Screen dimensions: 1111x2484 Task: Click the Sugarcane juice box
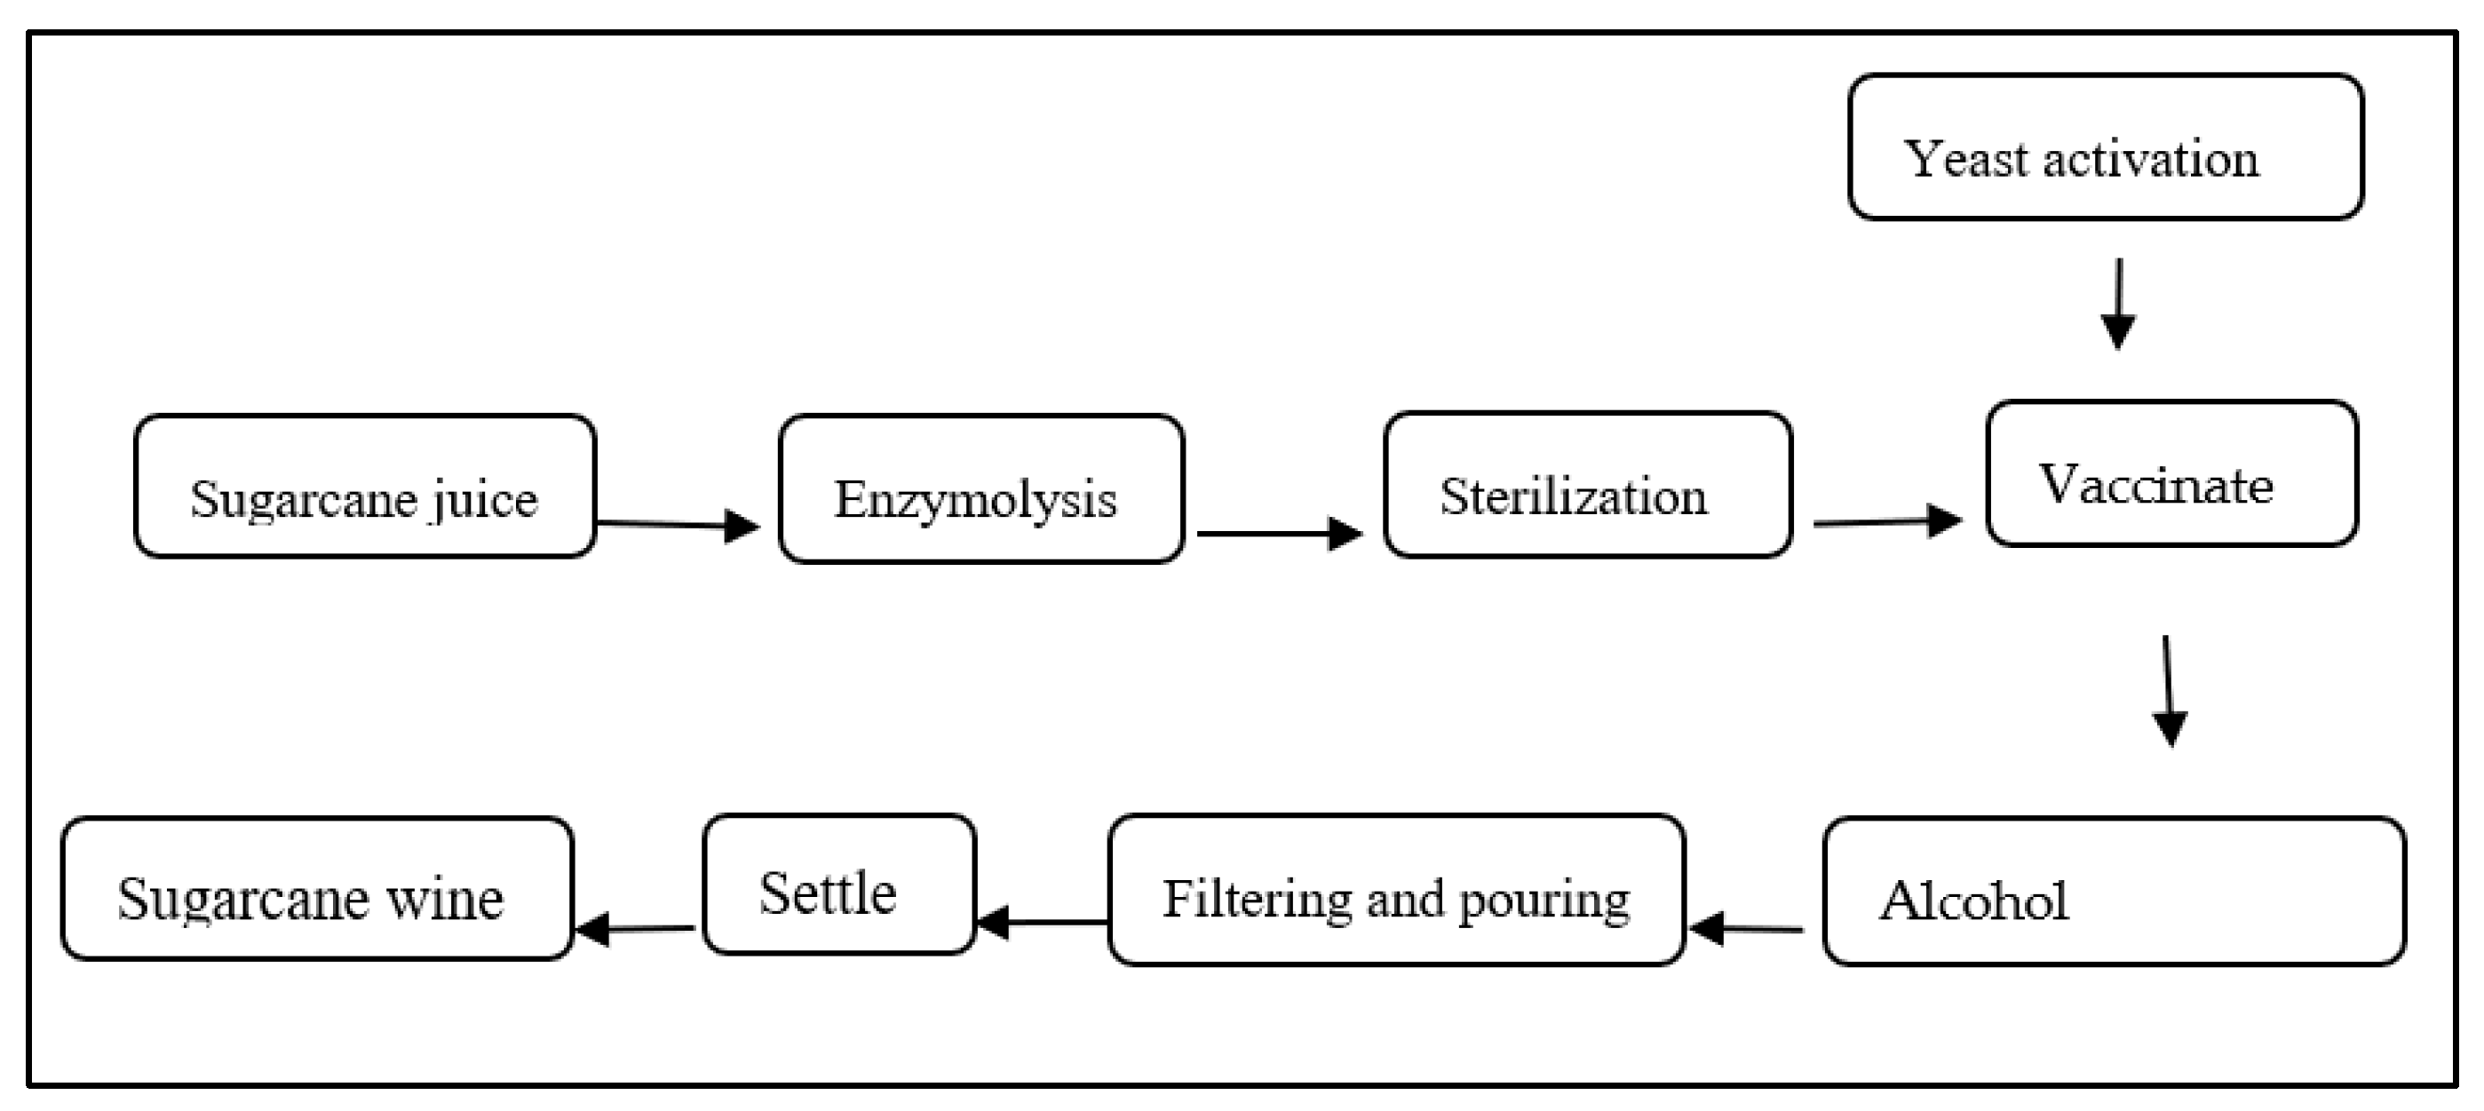coord(364,486)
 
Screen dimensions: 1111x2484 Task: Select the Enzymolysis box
coord(980,489)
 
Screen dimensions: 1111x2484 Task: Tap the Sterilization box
coord(1587,485)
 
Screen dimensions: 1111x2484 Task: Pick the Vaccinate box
coord(2171,473)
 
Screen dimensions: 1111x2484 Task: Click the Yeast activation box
coord(2105,147)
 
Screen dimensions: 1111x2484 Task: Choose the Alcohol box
coord(2114,891)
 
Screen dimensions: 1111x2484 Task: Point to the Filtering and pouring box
coord(1395,890)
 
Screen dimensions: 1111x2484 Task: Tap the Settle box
coord(839,885)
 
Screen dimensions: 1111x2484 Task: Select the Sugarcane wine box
coord(316,889)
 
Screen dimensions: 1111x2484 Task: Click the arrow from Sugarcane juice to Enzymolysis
coord(678,525)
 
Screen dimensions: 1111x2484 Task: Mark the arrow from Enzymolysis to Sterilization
coord(1279,534)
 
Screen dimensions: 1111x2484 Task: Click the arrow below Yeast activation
coord(2117,303)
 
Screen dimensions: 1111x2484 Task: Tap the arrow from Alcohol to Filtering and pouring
coord(1745,929)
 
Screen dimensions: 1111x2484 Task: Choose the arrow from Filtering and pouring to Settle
coord(1042,922)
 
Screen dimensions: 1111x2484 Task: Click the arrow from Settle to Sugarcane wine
coord(634,929)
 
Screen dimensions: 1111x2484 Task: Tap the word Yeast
coord(1964,159)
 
